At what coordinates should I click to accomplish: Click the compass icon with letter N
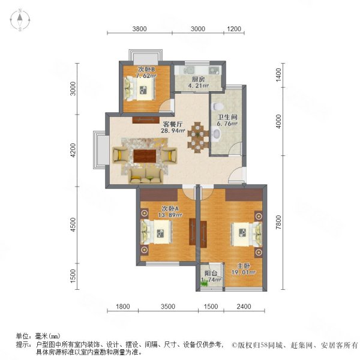coord(19,20)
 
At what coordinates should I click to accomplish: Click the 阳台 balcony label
coord(210,273)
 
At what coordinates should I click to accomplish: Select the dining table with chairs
coord(197,138)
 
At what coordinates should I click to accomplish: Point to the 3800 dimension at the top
coord(140,28)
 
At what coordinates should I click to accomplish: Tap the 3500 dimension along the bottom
coord(167,307)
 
